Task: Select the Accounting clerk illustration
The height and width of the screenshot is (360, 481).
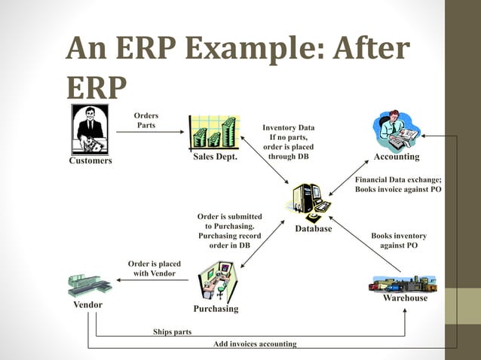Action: click(x=397, y=130)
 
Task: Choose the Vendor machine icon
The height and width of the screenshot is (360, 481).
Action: click(x=89, y=285)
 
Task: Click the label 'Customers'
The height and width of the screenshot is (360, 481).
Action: click(x=90, y=160)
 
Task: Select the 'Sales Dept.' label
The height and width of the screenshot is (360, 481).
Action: click(x=215, y=157)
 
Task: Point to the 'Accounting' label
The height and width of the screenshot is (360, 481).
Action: click(x=397, y=157)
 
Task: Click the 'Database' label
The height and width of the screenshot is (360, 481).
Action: click(x=313, y=228)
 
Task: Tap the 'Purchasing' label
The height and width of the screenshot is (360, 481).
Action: click(x=216, y=309)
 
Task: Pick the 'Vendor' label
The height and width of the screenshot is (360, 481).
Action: click(x=87, y=305)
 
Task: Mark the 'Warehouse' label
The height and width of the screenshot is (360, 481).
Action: click(x=405, y=298)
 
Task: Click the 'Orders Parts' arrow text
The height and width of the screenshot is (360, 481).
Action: click(x=146, y=120)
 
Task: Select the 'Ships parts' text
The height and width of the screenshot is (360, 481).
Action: click(x=172, y=331)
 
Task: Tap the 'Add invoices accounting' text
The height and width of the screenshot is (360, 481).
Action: click(x=255, y=344)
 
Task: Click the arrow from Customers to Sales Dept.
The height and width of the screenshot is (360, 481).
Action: click(x=151, y=133)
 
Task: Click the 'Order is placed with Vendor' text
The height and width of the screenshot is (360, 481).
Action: click(x=155, y=268)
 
